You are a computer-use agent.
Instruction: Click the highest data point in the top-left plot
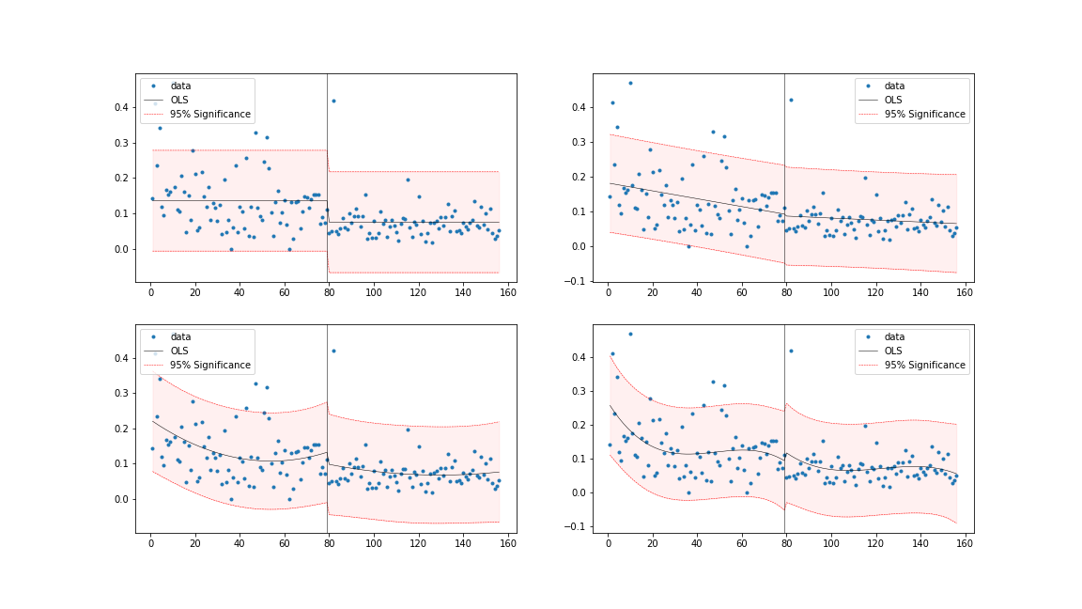point(333,101)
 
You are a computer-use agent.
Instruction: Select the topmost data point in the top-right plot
point(630,83)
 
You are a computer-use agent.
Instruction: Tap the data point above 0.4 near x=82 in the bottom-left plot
point(333,351)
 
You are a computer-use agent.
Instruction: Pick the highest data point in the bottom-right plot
point(630,334)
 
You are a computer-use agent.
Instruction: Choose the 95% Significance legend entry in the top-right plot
point(924,114)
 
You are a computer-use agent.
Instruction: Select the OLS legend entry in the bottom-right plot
point(893,351)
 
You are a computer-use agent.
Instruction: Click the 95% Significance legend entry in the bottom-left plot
point(209,365)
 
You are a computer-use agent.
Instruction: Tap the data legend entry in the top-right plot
point(894,86)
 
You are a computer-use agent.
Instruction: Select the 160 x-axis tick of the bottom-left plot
point(507,542)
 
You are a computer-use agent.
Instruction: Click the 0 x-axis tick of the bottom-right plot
point(608,542)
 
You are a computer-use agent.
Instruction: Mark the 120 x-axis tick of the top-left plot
point(418,291)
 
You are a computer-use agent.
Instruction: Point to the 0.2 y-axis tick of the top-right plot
point(580,177)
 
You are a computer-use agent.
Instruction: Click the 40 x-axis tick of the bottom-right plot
point(697,542)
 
